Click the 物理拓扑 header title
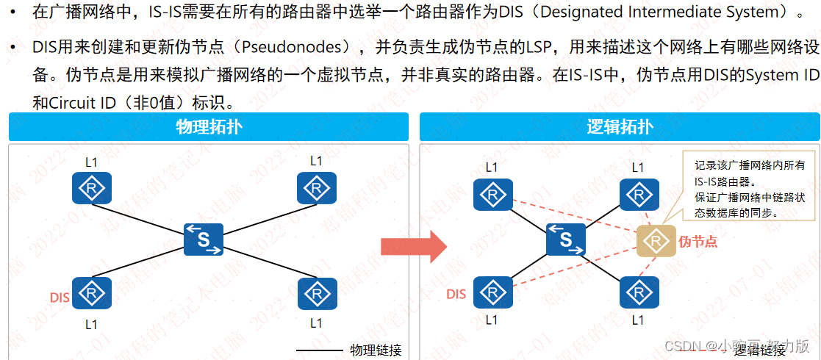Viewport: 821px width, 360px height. (x=209, y=126)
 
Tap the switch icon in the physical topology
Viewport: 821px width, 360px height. (x=204, y=240)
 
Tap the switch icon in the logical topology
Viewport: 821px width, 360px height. (x=566, y=240)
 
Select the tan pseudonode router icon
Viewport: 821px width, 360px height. (x=656, y=240)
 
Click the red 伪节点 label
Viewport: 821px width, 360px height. (x=698, y=241)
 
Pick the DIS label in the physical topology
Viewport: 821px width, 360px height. (x=60, y=297)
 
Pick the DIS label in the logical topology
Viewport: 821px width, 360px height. (x=456, y=294)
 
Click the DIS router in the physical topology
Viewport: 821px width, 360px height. (x=92, y=294)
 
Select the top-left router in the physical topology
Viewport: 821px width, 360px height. (x=92, y=188)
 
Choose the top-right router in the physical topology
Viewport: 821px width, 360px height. (x=317, y=188)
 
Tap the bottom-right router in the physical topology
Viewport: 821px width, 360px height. (x=317, y=294)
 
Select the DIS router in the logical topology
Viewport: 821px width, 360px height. (x=492, y=292)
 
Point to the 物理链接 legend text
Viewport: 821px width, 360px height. (x=376, y=350)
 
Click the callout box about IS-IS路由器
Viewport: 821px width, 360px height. (x=750, y=189)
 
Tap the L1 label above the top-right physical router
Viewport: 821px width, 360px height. (x=316, y=160)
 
